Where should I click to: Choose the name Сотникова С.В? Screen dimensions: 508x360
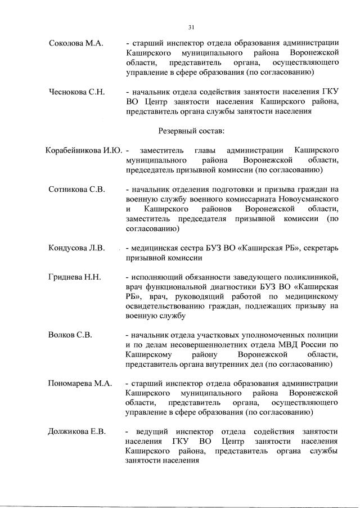pos(77,189)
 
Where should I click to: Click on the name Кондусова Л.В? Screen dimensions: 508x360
pos(77,248)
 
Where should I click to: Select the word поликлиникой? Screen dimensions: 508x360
pos(310,277)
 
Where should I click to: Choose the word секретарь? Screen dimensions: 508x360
pos(319,248)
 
